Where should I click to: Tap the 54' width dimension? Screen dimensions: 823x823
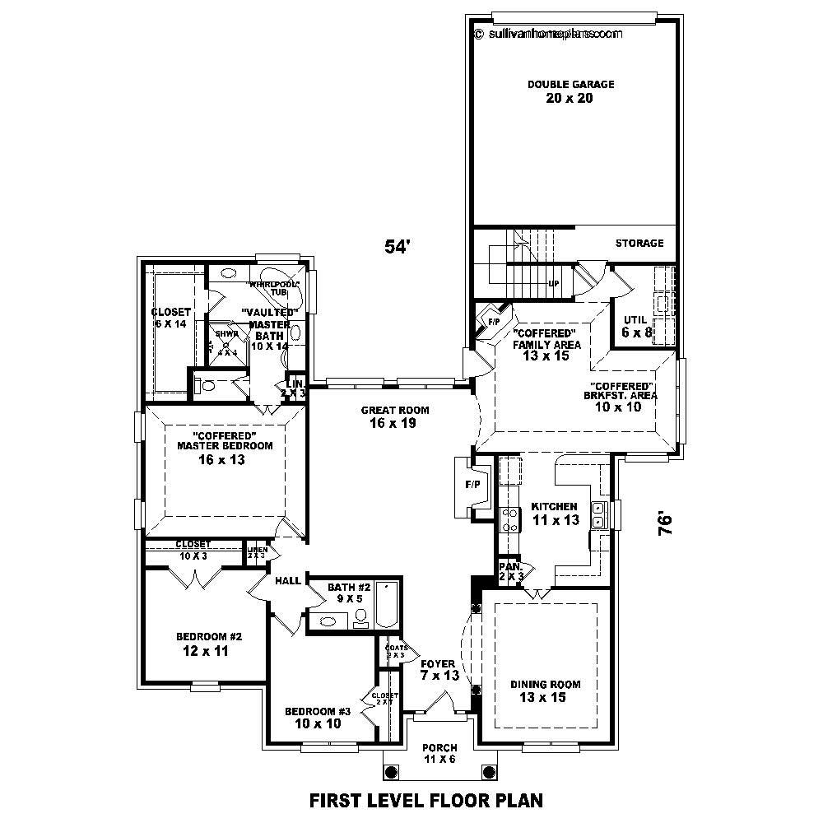coord(398,245)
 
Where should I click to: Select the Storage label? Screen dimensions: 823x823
coord(639,244)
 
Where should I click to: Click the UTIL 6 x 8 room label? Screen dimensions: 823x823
coord(637,327)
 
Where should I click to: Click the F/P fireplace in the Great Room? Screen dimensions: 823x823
coord(473,486)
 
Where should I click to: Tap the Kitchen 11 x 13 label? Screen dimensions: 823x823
coord(554,513)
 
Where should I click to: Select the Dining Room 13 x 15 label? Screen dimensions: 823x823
coord(545,690)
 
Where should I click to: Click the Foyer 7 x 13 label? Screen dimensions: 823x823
coord(439,669)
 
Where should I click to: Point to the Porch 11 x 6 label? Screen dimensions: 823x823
coord(439,752)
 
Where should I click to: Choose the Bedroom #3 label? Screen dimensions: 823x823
coord(318,717)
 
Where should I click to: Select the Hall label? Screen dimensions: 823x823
coord(287,581)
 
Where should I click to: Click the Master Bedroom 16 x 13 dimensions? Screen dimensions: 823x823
coord(221,460)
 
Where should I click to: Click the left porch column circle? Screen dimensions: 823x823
coord(392,772)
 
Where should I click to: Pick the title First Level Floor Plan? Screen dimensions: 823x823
coord(425,800)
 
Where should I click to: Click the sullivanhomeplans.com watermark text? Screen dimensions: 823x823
coord(549,35)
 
